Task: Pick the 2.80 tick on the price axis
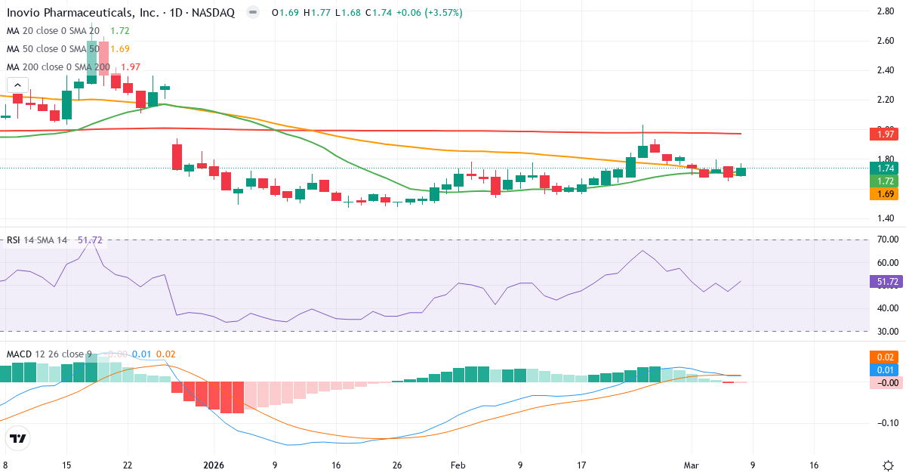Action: (x=886, y=11)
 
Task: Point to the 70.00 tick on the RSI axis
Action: (x=886, y=240)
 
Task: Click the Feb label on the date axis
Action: (x=458, y=465)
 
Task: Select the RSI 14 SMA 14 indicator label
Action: (x=37, y=240)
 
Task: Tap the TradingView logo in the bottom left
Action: (x=18, y=438)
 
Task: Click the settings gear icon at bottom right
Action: (x=888, y=465)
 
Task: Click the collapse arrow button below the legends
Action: (x=17, y=85)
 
